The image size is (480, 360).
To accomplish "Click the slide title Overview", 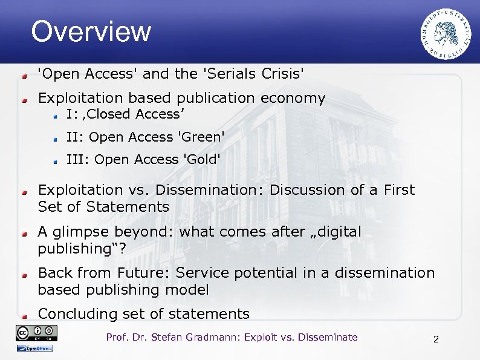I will point(91,31).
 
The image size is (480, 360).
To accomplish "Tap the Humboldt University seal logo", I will point(446,35).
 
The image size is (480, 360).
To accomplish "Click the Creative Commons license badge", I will point(37,332).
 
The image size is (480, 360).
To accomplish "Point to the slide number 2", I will point(436,339).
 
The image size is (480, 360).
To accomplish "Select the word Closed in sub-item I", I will point(113,114).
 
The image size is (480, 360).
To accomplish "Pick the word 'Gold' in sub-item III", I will point(201,160).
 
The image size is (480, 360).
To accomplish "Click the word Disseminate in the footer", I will point(326,338).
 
